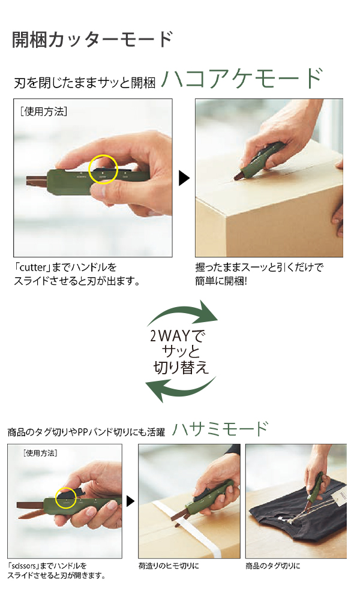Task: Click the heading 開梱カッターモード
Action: pyautogui.click(x=92, y=40)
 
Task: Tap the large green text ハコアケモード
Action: pyautogui.click(x=242, y=79)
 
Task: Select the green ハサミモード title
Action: pyautogui.click(x=220, y=429)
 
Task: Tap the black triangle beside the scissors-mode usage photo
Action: pyautogui.click(x=131, y=501)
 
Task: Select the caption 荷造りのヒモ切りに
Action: pyautogui.click(x=169, y=566)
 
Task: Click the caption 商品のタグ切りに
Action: pyautogui.click(x=273, y=566)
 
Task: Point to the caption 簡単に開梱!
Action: pyautogui.click(x=221, y=281)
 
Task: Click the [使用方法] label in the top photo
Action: pyautogui.click(x=43, y=112)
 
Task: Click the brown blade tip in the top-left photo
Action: pyautogui.click(x=28, y=181)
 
